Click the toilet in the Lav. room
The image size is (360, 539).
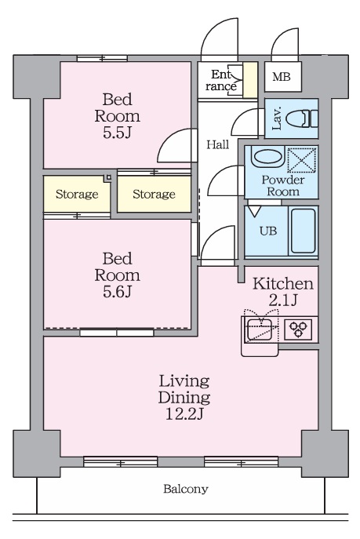pyautogui.click(x=302, y=118)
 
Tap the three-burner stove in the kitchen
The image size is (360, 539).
pyautogui.click(x=297, y=330)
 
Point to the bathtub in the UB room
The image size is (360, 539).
pyautogui.click(x=303, y=231)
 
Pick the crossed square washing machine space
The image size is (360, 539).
pyautogui.click(x=302, y=159)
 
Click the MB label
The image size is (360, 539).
pyautogui.click(x=282, y=77)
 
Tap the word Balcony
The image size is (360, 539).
pyautogui.click(x=186, y=489)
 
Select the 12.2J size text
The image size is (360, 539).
pyautogui.click(x=184, y=414)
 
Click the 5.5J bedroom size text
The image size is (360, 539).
pyautogui.click(x=117, y=133)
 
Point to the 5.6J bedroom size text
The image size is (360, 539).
pyautogui.click(x=117, y=292)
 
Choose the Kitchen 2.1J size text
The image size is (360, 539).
pyautogui.click(x=282, y=300)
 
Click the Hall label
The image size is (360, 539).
pyautogui.click(x=218, y=144)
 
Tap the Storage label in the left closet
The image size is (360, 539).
pyautogui.click(x=77, y=195)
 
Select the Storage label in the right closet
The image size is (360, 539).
pyautogui.click(x=154, y=195)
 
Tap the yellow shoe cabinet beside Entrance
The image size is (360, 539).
pyautogui.click(x=250, y=80)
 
